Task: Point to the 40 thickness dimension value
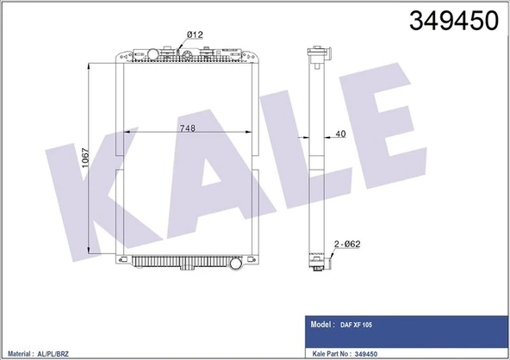[340, 134]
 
